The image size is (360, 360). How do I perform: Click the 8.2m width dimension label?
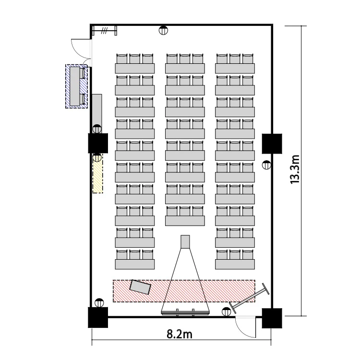pyautogui.click(x=180, y=334)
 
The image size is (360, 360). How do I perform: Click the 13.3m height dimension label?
pyautogui.click(x=295, y=169)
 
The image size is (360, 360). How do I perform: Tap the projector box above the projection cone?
pyautogui.click(x=185, y=242)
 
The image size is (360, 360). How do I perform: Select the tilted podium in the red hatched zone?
pyautogui.click(x=140, y=287)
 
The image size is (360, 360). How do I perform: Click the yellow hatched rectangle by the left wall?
pyautogui.click(x=97, y=174)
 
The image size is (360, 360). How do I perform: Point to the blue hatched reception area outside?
pyautogui.click(x=76, y=86)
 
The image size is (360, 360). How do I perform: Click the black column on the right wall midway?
pyautogui.click(x=272, y=144)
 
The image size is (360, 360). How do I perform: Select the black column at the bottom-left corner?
pyautogui.click(x=98, y=317)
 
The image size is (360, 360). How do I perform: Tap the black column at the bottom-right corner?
pyautogui.click(x=272, y=318)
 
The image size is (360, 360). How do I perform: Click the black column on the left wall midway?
pyautogui.click(x=98, y=143)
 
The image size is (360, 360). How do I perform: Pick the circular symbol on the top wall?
pyautogui.click(x=163, y=30)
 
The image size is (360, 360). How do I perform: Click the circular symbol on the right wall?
pyautogui.click(x=266, y=165)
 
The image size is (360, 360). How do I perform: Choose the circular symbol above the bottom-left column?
pyautogui.click(x=99, y=302)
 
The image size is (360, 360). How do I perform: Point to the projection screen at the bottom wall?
pyautogui.click(x=185, y=312)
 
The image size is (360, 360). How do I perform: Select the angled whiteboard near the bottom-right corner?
pyautogui.click(x=249, y=298)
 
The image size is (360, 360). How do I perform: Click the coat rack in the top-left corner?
pyautogui.click(x=105, y=30)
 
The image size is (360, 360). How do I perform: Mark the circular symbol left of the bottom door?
pyautogui.click(x=226, y=312)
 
